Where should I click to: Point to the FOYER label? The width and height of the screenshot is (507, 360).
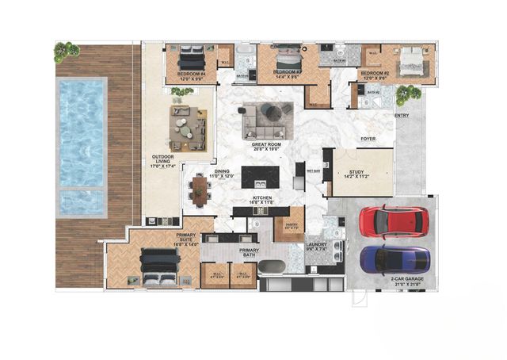(368, 139)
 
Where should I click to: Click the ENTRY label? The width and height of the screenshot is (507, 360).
(402, 116)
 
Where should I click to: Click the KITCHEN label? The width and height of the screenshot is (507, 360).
(263, 200)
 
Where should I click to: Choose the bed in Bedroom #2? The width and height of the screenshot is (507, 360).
(411, 60)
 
